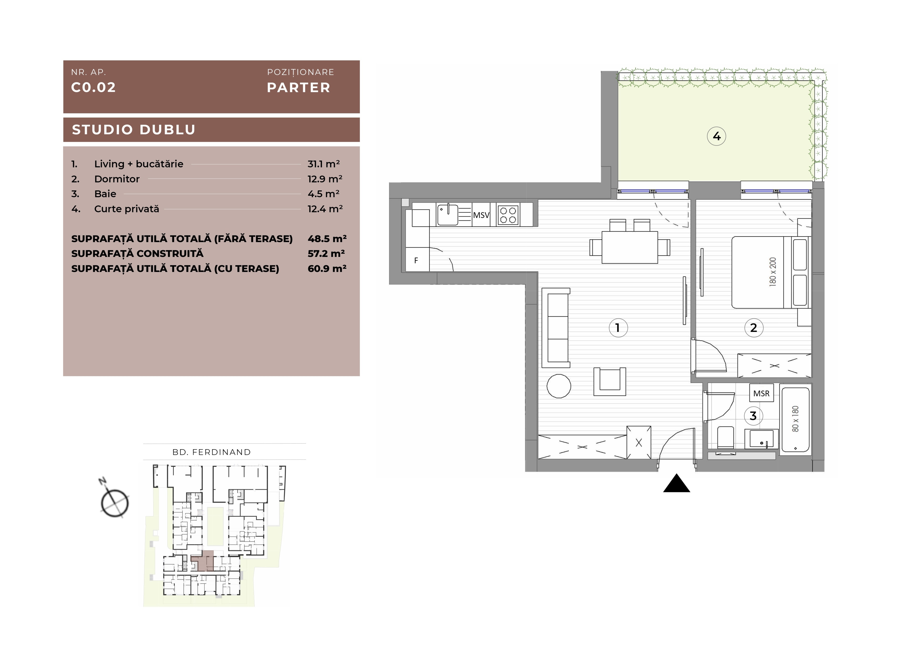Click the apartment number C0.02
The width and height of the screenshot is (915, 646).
(x=93, y=87)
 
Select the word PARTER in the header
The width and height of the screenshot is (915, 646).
(x=299, y=88)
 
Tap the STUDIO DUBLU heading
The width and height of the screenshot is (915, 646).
(x=133, y=130)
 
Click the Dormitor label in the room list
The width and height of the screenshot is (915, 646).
(x=117, y=179)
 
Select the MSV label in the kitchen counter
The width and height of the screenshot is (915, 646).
(x=481, y=215)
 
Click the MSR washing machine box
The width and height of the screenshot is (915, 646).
(x=761, y=393)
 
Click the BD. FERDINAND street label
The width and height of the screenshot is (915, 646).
(x=212, y=452)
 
